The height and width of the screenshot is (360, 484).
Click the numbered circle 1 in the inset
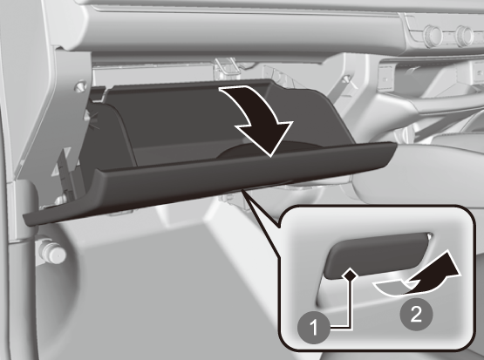point(314,327)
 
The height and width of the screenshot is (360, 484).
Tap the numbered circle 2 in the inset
point(416,315)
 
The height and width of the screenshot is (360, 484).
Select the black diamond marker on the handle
point(350,275)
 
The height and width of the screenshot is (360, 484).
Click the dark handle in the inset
point(377,255)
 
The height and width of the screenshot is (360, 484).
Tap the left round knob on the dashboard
point(433,36)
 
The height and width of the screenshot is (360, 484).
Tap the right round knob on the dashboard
point(464,37)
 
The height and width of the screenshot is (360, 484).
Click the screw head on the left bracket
point(81,85)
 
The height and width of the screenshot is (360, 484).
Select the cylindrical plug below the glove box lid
point(53,253)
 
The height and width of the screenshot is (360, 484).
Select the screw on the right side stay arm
point(346,78)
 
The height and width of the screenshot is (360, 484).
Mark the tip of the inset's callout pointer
point(242,190)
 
